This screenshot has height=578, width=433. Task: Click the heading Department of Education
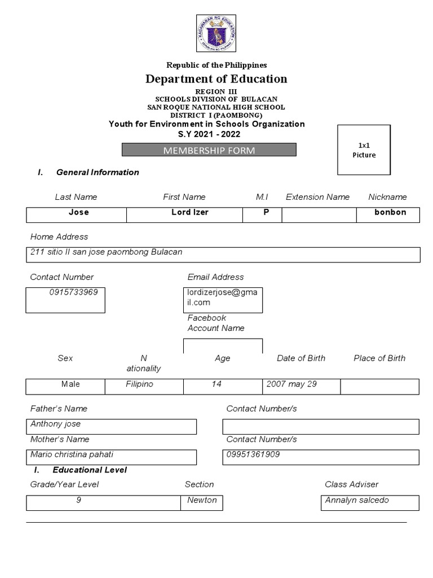point(216,79)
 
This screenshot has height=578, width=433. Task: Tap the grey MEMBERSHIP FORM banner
point(209,150)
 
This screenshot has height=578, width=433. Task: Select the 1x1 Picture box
point(364,151)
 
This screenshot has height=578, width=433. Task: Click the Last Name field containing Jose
point(78,213)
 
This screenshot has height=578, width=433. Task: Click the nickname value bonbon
point(390,213)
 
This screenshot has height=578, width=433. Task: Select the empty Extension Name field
point(319,215)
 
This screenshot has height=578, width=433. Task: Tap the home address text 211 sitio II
point(106,252)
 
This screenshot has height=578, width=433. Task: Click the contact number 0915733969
point(65,292)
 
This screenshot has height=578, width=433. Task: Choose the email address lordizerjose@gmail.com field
point(223,297)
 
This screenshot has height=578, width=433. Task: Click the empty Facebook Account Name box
point(223,346)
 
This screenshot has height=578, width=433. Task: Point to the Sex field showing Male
point(70,384)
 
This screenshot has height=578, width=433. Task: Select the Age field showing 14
point(216,384)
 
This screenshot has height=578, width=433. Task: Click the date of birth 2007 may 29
point(291,384)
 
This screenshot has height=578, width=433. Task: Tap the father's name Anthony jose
point(56,424)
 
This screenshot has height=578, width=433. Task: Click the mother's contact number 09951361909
point(253,454)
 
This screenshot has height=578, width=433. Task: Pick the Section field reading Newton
point(202,500)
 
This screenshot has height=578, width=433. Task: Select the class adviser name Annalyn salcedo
point(357,500)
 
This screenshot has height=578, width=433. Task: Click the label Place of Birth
point(379,358)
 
